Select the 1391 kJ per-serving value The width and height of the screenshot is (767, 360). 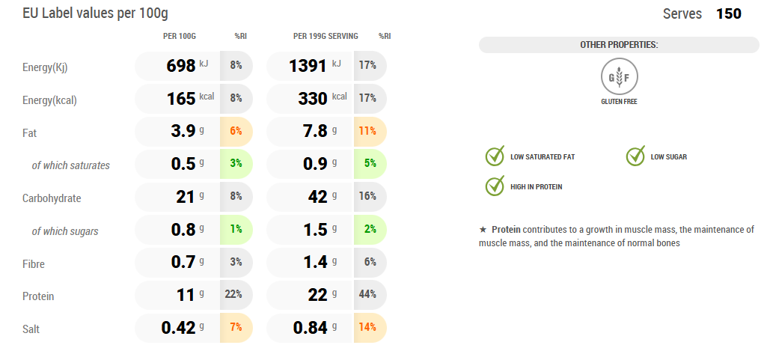click(x=308, y=66)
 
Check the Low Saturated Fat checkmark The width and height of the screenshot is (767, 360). click(x=495, y=156)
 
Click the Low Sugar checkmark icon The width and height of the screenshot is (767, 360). click(x=635, y=156)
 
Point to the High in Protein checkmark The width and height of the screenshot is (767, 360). click(x=495, y=186)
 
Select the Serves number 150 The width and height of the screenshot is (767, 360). click(x=729, y=14)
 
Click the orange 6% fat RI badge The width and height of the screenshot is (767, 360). click(x=236, y=131)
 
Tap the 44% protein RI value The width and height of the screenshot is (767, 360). click(x=367, y=294)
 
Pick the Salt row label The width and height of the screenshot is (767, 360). click(x=32, y=328)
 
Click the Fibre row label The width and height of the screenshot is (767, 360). click(x=34, y=263)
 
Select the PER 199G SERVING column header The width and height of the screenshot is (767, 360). click(x=326, y=36)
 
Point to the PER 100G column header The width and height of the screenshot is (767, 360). click(x=180, y=36)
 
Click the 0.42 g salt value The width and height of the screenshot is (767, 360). click(x=178, y=327)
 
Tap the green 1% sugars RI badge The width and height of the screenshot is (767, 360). click(x=236, y=229)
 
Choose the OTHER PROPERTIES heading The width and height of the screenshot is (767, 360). click(x=619, y=45)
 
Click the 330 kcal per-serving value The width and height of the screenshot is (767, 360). click(x=308, y=99)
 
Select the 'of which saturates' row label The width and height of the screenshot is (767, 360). click(x=70, y=165)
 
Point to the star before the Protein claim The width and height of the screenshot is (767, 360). click(x=483, y=229)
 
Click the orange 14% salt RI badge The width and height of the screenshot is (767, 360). click(x=367, y=327)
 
